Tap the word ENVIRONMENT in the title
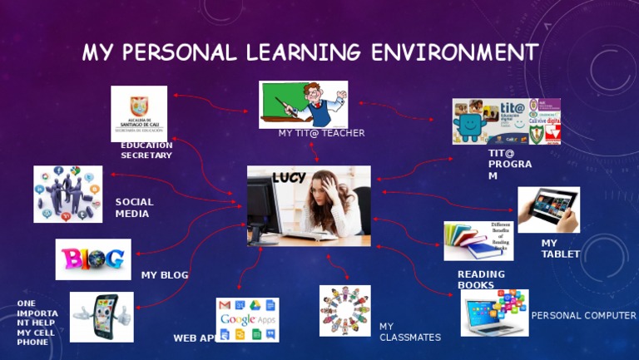click(454, 52)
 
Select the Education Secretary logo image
click(139, 113)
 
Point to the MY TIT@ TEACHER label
click(321, 133)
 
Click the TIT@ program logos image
click(506, 121)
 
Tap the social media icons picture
click(68, 194)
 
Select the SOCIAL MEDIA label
click(134, 208)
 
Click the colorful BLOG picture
click(93, 259)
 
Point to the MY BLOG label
click(165, 275)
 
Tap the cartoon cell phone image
click(102, 317)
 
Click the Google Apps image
click(247, 320)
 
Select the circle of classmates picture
click(344, 311)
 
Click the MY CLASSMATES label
click(409, 332)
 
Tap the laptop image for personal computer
click(494, 313)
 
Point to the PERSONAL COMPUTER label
click(583, 316)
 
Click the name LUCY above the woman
click(289, 177)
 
